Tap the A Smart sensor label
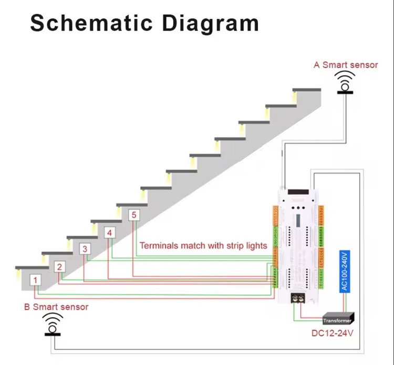click(x=346, y=65)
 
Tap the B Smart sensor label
click(x=56, y=307)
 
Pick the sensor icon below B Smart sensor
click(x=53, y=324)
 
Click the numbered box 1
click(x=36, y=280)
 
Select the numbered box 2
click(x=60, y=266)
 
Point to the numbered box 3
click(x=85, y=249)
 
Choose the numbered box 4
click(x=109, y=233)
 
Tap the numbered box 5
click(x=134, y=215)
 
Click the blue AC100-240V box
click(x=344, y=271)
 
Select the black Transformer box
click(x=337, y=319)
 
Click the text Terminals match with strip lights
click(x=203, y=245)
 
